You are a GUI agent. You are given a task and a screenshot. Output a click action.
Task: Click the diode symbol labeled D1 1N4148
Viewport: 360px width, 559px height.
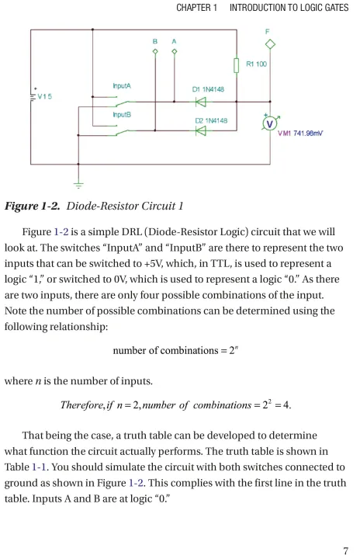tap(201, 102)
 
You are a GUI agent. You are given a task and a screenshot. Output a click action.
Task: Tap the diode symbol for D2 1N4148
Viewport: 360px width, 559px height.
tap(201, 131)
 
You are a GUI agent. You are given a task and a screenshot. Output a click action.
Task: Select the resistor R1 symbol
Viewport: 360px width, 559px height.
tap(236, 65)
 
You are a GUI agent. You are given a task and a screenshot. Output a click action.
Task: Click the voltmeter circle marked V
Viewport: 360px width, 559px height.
tap(270, 123)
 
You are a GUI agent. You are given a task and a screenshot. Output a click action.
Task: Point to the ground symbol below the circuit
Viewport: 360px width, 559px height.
tap(78, 185)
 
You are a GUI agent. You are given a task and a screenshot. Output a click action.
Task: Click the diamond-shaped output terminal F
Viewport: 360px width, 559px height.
tap(270, 44)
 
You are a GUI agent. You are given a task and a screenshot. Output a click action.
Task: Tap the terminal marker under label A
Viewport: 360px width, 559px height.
tap(175, 52)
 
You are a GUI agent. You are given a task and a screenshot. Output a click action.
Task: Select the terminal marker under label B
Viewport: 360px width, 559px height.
tap(155, 52)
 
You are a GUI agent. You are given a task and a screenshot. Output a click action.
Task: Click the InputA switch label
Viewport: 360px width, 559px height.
tap(122, 86)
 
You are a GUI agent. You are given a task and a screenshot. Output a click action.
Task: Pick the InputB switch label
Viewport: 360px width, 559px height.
tap(122, 114)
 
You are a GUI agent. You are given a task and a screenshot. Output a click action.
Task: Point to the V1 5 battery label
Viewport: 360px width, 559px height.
tap(44, 96)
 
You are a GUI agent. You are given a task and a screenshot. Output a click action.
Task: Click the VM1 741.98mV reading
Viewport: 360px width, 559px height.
tap(300, 134)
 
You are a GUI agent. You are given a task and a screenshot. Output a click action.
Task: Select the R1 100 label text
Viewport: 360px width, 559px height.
tap(256, 64)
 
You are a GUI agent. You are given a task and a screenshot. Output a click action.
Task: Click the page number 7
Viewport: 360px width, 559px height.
tap(345, 550)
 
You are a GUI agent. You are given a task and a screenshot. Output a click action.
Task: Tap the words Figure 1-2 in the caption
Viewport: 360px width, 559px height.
tap(32, 206)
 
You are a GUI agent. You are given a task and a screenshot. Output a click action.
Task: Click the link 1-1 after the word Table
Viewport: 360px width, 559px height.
tap(39, 467)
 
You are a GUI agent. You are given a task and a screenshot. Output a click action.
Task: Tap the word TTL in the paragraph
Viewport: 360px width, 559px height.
tap(219, 263)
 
